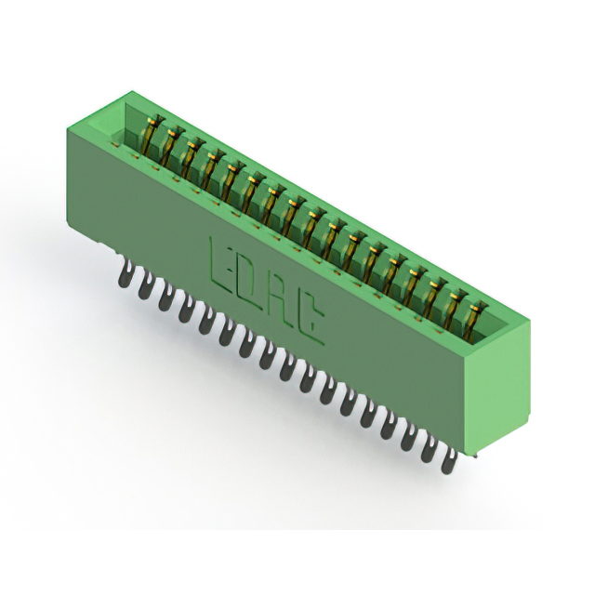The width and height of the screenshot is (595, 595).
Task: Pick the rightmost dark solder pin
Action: point(448,459)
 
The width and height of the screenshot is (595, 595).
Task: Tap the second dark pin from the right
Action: point(428,448)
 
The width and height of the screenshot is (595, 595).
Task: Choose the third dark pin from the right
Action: point(408,436)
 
